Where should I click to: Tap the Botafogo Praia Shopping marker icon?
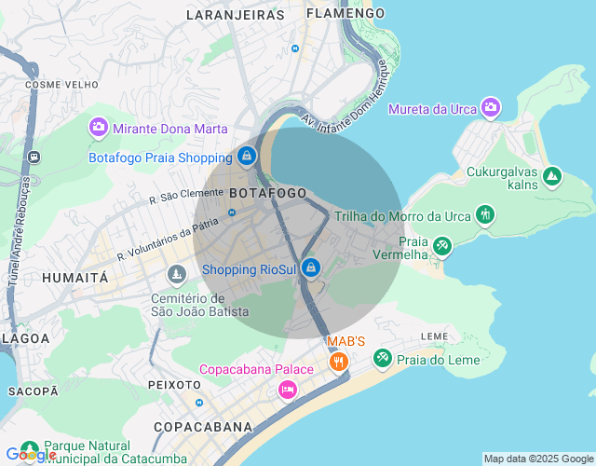click(246, 157)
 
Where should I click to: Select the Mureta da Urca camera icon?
click(491, 108)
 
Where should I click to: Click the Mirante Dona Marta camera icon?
click(98, 127)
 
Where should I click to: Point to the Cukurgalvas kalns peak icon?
click(552, 175)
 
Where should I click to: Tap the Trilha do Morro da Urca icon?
click(484, 215)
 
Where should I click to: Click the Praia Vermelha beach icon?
click(442, 246)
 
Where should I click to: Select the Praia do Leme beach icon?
click(382, 358)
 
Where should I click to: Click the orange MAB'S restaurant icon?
click(339, 361)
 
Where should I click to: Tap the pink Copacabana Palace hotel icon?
click(288, 389)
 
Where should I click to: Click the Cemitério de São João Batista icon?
click(176, 275)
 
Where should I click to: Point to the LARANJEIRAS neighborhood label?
click(235, 15)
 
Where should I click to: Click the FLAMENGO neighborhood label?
click(345, 13)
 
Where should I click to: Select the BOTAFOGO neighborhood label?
click(267, 192)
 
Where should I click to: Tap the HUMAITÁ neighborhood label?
click(74, 278)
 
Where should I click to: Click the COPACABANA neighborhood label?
click(203, 427)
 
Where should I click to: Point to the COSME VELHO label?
click(61, 84)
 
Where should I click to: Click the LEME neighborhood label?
click(435, 336)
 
